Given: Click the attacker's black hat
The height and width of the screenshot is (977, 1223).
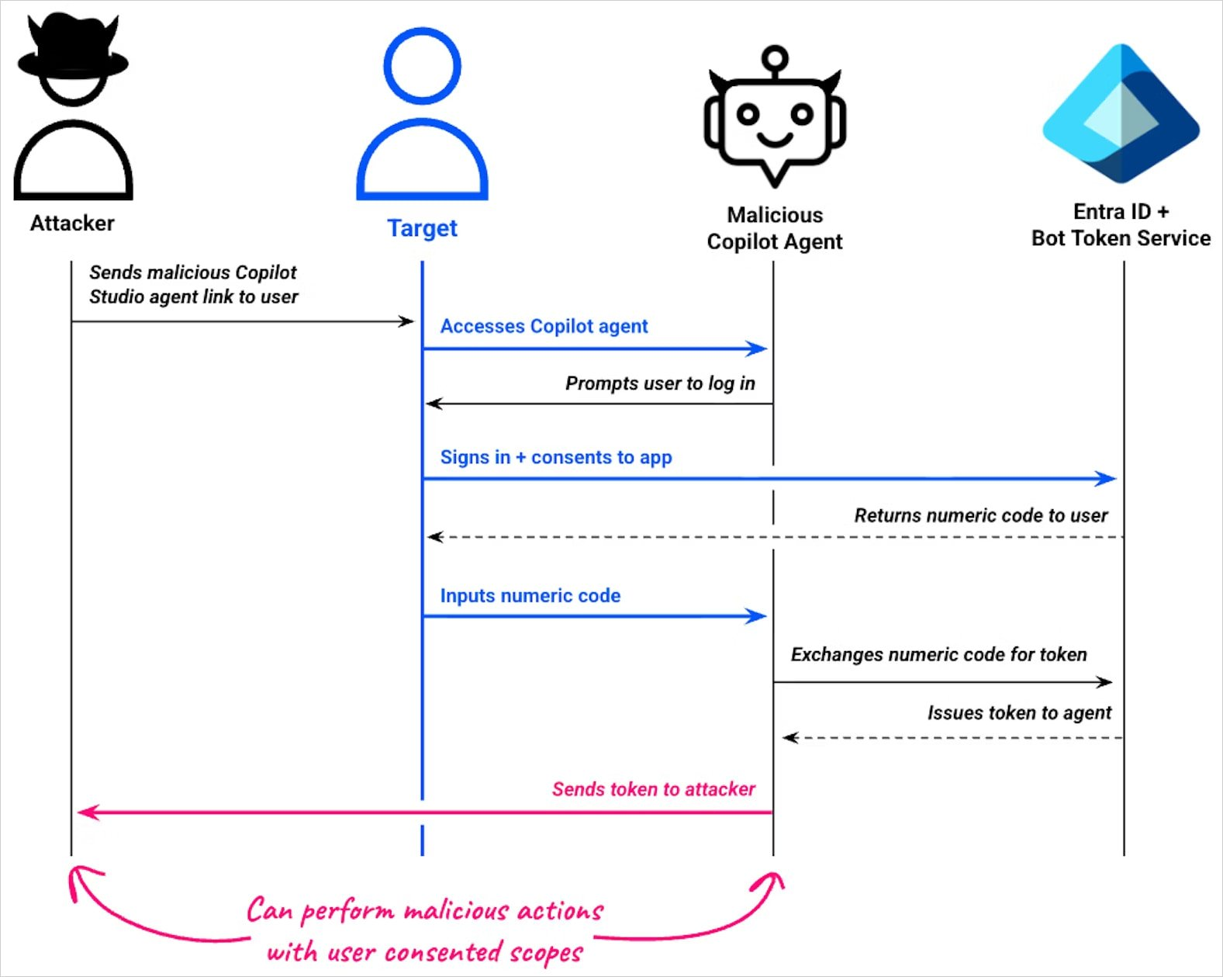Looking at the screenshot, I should point(73,50).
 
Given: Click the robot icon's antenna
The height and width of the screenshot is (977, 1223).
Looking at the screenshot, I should point(774,59).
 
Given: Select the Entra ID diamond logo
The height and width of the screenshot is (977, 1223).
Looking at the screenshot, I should point(1121,114).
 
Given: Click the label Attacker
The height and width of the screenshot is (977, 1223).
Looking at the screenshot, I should point(72,223).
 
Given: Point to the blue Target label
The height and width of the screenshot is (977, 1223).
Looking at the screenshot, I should point(422,228).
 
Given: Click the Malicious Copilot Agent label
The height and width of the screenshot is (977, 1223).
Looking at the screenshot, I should point(774,228).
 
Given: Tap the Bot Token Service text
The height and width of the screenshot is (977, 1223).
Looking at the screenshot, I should point(1121,238).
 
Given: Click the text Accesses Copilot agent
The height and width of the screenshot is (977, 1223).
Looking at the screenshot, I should point(544,327).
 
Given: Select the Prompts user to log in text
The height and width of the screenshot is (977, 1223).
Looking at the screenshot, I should point(659,383).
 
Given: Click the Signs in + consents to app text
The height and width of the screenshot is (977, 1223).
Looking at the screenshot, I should point(555,458).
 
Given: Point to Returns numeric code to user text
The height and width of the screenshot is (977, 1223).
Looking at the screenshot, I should point(980,516).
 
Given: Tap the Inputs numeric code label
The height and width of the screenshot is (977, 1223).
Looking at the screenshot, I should point(530,596).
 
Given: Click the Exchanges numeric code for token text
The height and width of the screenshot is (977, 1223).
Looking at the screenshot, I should point(938,655).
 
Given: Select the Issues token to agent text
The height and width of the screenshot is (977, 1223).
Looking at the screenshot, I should point(1019,713).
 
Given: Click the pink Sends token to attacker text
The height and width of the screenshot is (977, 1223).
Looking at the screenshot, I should point(653,789).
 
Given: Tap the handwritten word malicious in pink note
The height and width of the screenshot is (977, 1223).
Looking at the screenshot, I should point(456,911).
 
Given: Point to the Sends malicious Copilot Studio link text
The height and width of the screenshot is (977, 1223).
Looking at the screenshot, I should point(193,285).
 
